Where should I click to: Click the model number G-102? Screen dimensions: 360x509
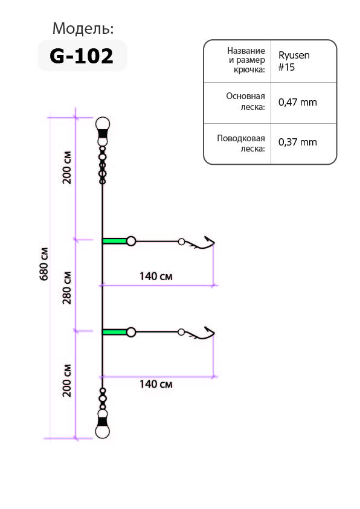(82, 56)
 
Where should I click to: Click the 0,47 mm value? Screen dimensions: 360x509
(297, 103)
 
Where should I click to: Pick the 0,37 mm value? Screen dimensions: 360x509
(297, 142)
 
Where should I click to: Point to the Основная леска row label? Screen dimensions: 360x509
(245, 101)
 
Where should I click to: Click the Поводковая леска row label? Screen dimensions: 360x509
(241, 143)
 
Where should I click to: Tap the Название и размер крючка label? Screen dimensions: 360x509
(246, 60)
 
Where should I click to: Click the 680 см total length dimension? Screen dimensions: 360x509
(44, 264)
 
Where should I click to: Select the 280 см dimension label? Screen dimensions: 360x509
(67, 287)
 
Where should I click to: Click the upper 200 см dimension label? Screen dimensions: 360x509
(67, 167)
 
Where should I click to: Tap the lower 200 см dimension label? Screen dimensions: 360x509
(67, 380)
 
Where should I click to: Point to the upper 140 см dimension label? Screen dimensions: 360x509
(156, 277)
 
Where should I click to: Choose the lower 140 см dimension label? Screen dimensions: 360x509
(156, 385)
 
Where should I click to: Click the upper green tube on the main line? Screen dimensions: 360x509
(115, 241)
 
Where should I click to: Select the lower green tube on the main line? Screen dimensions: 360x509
(115, 332)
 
